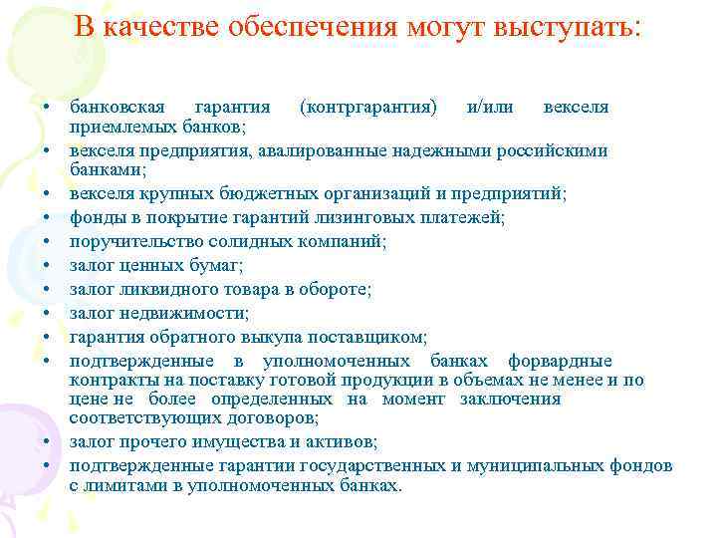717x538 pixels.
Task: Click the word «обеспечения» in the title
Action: pyautogui.click(x=311, y=27)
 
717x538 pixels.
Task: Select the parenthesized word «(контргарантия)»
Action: pyautogui.click(x=367, y=108)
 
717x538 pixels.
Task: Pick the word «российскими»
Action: pyautogui.click(x=560, y=151)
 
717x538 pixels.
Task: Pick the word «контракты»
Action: pyautogui.click(x=108, y=381)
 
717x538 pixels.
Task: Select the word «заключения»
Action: pyautogui.click(x=510, y=400)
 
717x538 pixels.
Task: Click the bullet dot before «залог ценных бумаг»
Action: pyautogui.click(x=47, y=266)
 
